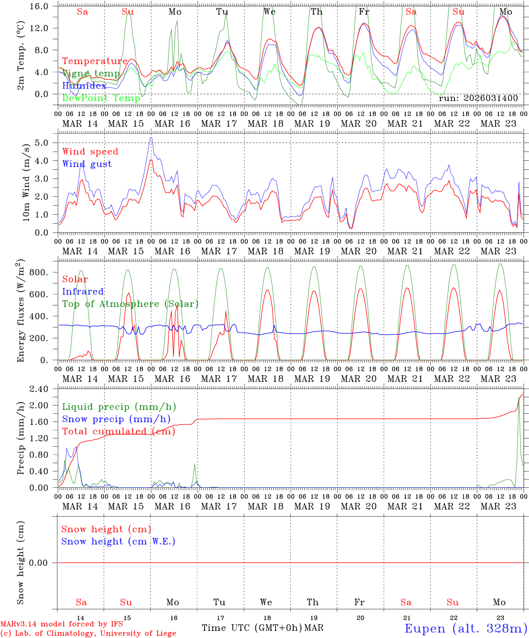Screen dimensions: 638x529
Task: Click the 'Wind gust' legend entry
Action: pyautogui.click(x=87, y=164)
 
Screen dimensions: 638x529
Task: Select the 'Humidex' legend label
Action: pyautogui.click(x=84, y=86)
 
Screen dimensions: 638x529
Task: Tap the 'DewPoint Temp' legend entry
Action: pyautogui.click(x=101, y=98)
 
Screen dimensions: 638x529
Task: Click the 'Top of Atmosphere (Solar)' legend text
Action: pyautogui.click(x=130, y=304)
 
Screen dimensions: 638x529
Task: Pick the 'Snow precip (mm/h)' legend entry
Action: pyautogui.click(x=116, y=419)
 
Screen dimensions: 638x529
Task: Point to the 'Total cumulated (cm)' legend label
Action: pyautogui.click(x=118, y=431)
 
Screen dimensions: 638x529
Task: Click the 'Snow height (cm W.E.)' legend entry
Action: pyautogui.click(x=118, y=541)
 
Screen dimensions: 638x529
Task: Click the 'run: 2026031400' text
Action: pyautogui.click(x=478, y=98)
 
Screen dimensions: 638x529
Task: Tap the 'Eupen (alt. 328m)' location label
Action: pyautogui.click(x=466, y=628)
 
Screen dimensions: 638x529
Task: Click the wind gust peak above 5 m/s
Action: pyautogui.click(x=151, y=138)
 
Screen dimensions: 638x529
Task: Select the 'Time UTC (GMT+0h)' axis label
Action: pyautogui.click(x=252, y=628)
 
